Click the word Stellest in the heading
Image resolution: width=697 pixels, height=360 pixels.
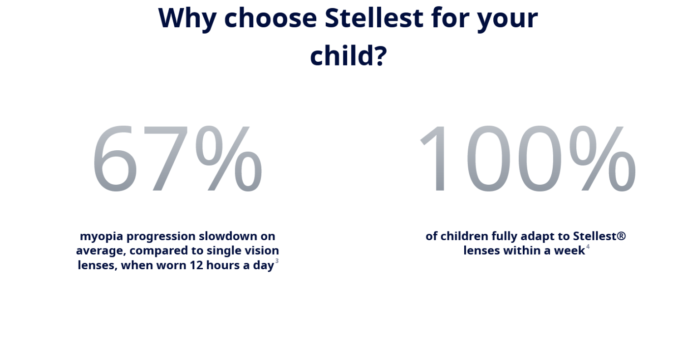coord(374,18)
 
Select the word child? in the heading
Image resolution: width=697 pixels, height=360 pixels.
coord(348,55)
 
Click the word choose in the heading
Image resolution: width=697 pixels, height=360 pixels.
coord(270,18)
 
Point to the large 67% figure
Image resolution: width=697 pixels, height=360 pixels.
coord(177,158)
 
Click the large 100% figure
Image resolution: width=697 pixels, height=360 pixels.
coord(528,158)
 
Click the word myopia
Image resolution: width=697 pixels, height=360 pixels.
coord(102,237)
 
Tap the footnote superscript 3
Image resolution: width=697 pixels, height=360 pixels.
coord(277,261)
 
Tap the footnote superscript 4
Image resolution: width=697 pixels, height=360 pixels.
coord(588,247)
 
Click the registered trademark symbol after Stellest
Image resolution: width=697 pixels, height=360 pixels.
coord(621,236)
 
